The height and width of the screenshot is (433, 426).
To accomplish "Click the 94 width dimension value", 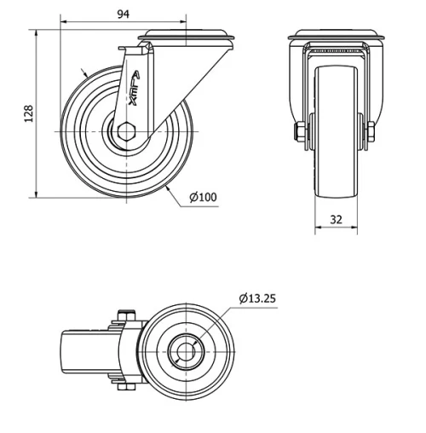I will [x=124, y=14].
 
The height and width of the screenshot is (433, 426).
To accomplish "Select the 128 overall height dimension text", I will [x=28, y=113].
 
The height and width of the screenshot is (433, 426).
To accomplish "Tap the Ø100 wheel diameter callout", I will [x=203, y=197].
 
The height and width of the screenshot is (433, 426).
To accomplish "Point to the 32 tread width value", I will [x=337, y=219].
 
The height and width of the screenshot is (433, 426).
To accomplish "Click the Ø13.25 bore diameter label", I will [x=258, y=298].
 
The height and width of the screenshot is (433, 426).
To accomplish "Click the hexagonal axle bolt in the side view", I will [x=126, y=132].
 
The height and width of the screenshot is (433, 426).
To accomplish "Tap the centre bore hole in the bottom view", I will [x=185, y=350].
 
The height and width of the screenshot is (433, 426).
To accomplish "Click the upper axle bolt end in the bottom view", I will [x=124, y=315].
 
